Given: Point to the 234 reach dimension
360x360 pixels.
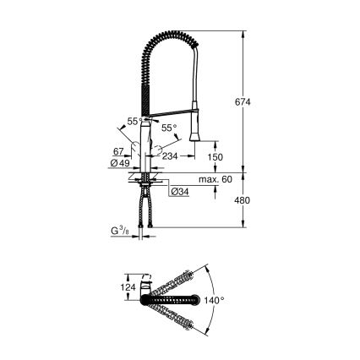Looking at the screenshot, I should point(171,155).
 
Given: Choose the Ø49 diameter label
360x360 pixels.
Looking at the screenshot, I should point(122,162).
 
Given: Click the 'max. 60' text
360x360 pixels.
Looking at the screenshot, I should point(215,180).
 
